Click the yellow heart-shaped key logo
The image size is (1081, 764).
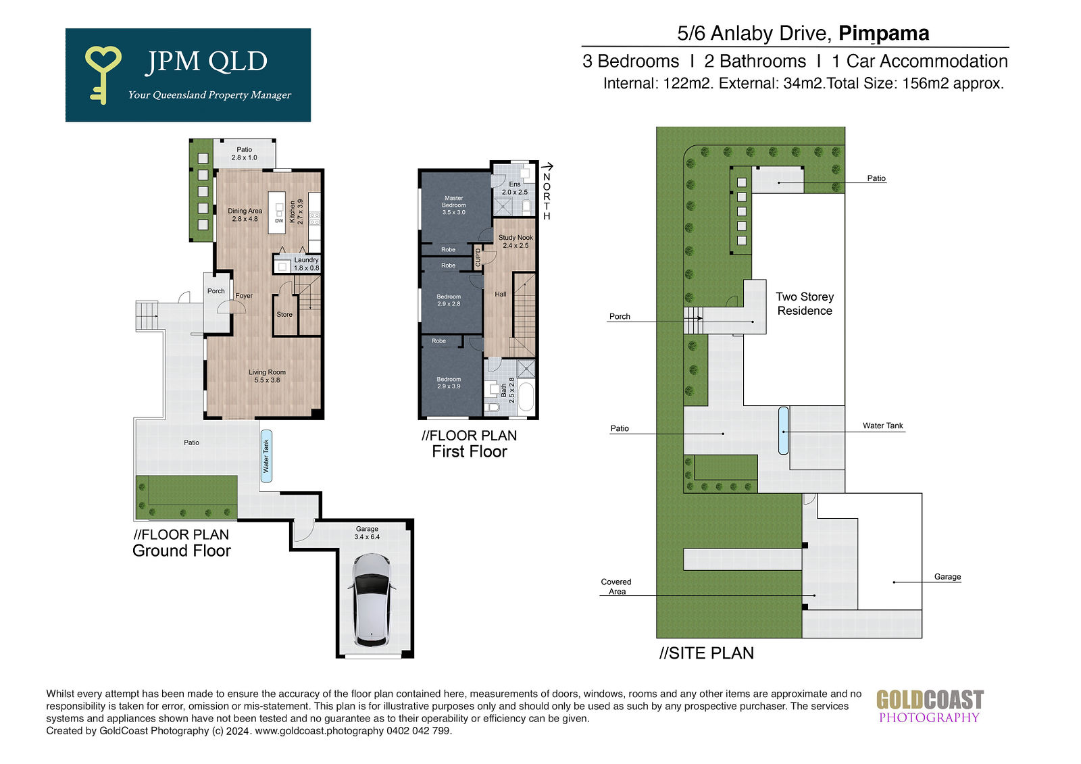tap(102, 74)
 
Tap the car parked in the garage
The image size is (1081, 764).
tap(371, 600)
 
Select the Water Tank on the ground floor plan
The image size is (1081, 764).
tap(266, 456)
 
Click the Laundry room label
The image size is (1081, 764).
tap(307, 264)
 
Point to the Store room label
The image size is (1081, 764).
tap(284, 315)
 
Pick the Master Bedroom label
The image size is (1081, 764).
tap(453, 205)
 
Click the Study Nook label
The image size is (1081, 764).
tap(516, 241)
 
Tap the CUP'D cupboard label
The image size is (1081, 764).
tap(478, 257)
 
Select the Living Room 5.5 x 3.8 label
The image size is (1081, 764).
tap(267, 376)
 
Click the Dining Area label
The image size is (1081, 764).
tap(245, 215)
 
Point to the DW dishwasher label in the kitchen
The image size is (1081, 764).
tap(279, 221)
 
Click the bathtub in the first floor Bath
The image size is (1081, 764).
tap(526, 397)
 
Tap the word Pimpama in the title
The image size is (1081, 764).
tap(884, 33)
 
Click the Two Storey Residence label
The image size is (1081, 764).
tap(805, 303)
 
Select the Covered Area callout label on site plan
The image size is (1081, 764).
tap(616, 586)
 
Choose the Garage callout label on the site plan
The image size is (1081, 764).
tap(947, 577)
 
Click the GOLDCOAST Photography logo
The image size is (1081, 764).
tap(930, 707)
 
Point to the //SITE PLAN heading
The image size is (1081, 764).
tap(707, 653)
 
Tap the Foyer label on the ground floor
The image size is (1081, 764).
tap(244, 296)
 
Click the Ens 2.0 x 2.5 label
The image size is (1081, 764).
tap(514, 188)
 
